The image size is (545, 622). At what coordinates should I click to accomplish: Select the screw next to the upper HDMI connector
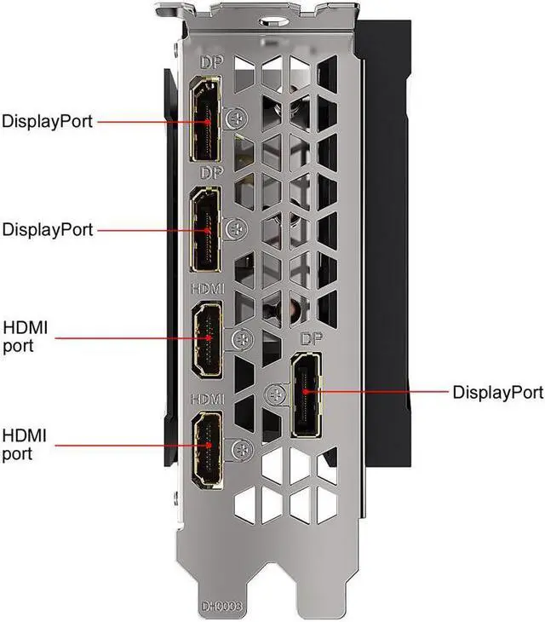click(x=242, y=339)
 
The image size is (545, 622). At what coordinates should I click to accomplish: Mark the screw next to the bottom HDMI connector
click(x=242, y=447)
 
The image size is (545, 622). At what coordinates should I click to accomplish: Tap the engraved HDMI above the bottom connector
click(x=209, y=398)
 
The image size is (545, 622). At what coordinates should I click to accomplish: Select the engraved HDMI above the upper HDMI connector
click(x=209, y=288)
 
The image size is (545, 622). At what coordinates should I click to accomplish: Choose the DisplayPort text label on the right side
click(x=497, y=393)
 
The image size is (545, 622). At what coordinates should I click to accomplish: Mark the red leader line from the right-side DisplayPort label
click(x=383, y=393)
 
